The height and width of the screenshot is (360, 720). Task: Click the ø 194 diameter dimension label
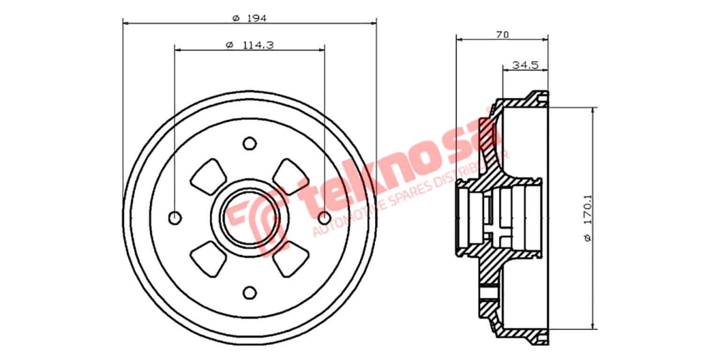pyautogui.click(x=249, y=18)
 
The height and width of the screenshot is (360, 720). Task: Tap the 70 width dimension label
pyautogui.click(x=502, y=35)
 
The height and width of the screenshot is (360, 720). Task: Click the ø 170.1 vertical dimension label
pyautogui.click(x=588, y=220)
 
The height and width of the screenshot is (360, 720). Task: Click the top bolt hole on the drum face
pyautogui.click(x=249, y=143)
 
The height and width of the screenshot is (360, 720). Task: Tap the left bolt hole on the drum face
pyautogui.click(x=175, y=217)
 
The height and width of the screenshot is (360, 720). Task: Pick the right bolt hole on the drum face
pyautogui.click(x=324, y=217)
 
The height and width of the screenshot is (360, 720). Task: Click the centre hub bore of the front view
pyautogui.click(x=249, y=217)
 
